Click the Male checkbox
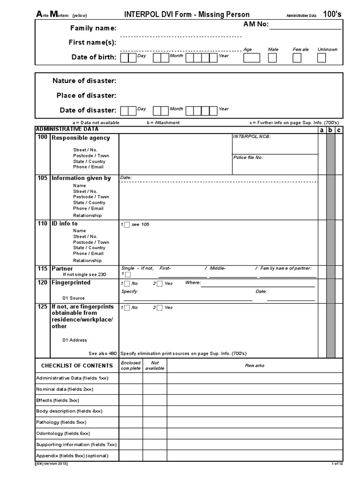(272, 58)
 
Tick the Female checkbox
(297, 58)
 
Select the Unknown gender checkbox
(321, 58)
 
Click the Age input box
(251, 58)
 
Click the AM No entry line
(305, 25)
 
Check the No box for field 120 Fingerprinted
(127, 284)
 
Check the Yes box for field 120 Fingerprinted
(160, 284)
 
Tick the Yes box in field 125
(160, 308)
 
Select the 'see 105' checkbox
(127, 225)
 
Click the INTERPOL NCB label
(252, 137)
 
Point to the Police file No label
(248, 157)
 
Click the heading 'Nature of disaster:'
(84, 81)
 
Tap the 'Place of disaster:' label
(86, 95)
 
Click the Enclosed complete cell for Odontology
(131, 433)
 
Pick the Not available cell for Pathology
(155, 422)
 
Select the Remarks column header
(255, 365)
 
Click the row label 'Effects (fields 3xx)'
(58, 400)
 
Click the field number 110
(42, 224)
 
